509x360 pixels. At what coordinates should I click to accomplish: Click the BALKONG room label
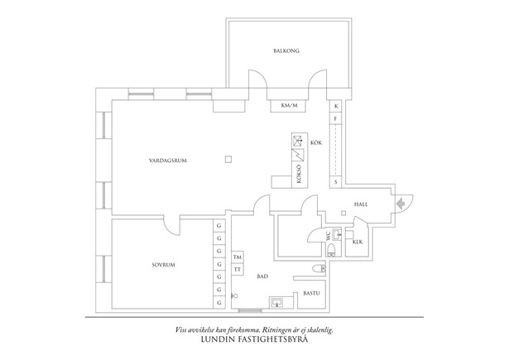(x=286, y=51)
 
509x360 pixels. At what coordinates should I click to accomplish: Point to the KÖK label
(x=315, y=143)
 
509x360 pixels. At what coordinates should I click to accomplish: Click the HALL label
(x=360, y=204)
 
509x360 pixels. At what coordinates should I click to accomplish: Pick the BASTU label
(x=311, y=294)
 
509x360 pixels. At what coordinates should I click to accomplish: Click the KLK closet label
(x=358, y=242)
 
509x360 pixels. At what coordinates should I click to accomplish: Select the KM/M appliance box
(x=290, y=106)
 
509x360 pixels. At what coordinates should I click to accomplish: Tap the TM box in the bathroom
(x=237, y=257)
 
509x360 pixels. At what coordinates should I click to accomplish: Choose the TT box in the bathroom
(x=237, y=270)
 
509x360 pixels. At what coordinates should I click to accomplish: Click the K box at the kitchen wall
(x=336, y=107)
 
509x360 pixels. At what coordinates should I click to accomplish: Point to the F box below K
(x=336, y=119)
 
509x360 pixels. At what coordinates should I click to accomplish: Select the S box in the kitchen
(x=336, y=180)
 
